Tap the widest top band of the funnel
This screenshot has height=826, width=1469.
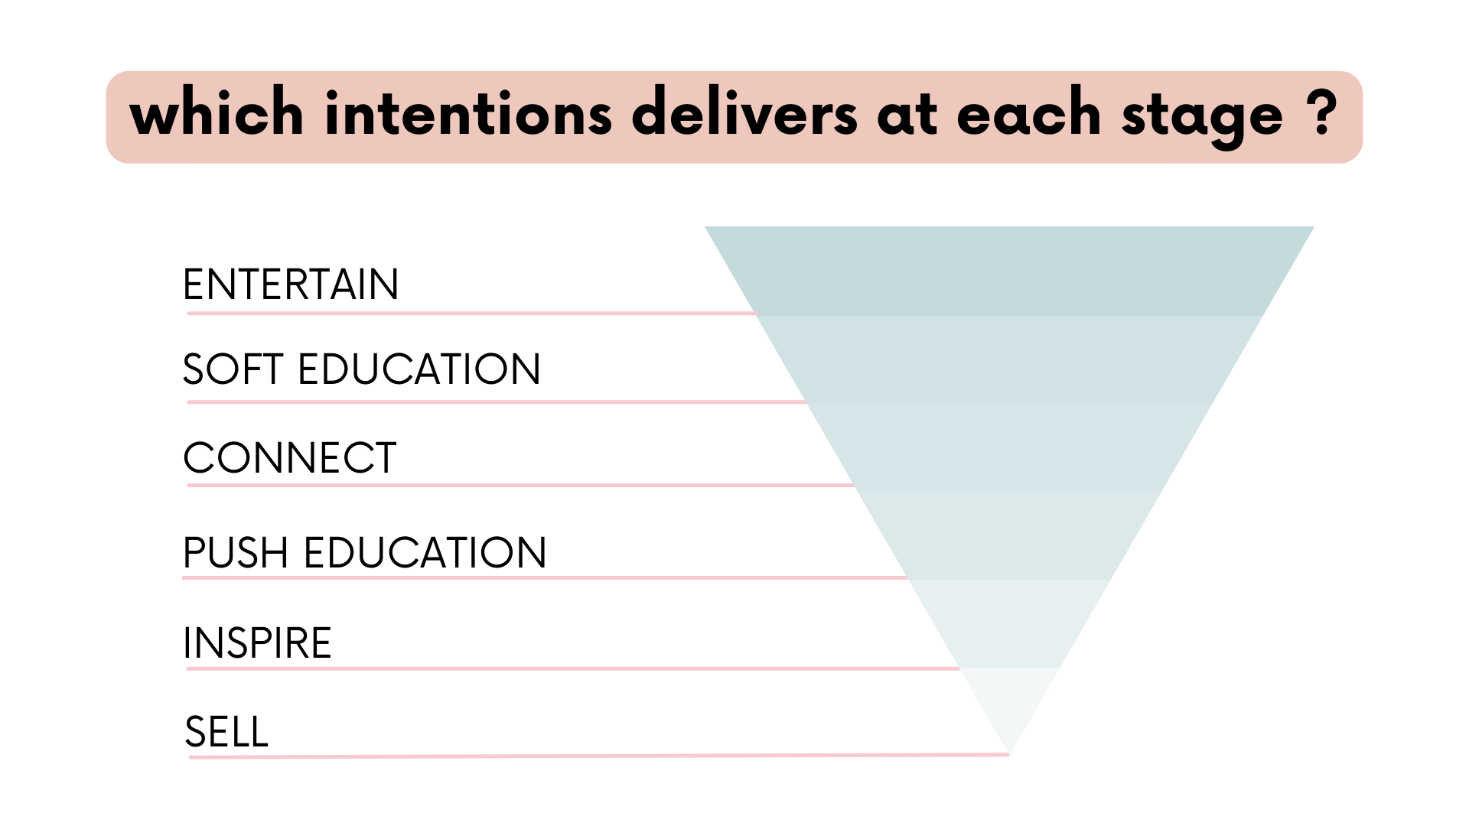click(x=1010, y=270)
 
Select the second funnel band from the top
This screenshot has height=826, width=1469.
click(x=1010, y=358)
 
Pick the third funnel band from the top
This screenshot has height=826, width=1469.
click(x=1010, y=446)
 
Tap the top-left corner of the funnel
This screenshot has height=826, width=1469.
click(x=708, y=227)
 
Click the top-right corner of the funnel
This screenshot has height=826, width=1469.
click(x=1311, y=227)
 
